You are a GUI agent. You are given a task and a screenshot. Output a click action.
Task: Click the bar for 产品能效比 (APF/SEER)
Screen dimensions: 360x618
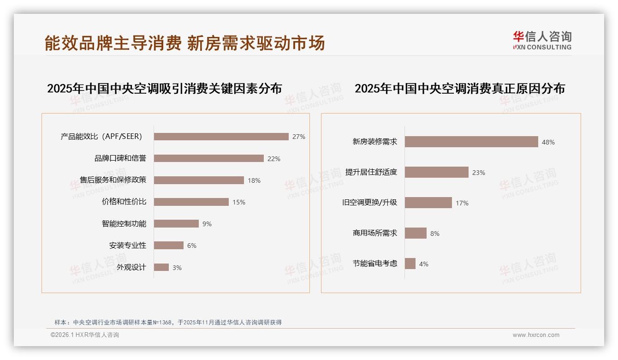tap(221, 137)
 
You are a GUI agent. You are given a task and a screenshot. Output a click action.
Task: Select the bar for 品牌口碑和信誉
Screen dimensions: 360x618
tap(209, 158)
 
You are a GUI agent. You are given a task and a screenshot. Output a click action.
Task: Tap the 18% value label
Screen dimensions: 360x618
tap(254, 180)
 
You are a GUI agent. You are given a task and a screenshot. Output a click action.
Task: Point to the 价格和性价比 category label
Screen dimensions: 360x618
tap(124, 202)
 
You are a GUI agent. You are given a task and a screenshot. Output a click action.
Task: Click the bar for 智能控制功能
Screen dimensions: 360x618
tap(176, 224)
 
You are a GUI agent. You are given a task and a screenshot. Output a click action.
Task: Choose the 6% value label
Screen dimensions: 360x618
tap(192, 246)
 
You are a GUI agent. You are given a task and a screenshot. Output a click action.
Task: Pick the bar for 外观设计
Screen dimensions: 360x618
tap(161, 267)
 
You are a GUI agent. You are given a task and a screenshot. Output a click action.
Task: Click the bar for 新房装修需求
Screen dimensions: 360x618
tap(471, 142)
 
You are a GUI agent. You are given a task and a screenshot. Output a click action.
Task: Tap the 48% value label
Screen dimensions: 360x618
tap(548, 142)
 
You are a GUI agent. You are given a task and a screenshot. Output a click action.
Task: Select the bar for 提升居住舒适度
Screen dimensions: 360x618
tap(437, 172)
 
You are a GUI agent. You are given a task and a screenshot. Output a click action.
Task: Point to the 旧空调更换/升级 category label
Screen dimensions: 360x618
tap(369, 202)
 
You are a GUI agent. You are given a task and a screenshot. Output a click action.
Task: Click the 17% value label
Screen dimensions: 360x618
tap(462, 203)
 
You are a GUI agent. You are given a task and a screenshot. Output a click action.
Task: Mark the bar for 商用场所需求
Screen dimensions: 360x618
tap(416, 233)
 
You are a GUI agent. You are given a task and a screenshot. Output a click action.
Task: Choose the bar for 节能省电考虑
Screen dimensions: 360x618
tap(410, 264)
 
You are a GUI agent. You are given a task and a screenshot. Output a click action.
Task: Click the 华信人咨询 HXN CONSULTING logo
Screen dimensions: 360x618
tap(542, 41)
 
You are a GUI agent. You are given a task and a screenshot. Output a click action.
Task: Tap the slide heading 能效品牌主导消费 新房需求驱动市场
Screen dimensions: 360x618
tap(184, 43)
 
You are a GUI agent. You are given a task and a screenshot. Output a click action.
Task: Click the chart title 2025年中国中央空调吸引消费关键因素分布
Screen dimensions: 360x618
tap(164, 88)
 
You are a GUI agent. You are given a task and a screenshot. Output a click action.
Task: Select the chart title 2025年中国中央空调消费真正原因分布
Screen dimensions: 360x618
tap(459, 88)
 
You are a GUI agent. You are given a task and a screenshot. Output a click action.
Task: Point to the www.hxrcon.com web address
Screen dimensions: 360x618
tap(536, 335)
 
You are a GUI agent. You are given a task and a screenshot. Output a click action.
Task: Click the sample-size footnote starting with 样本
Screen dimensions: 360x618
tap(168, 322)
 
